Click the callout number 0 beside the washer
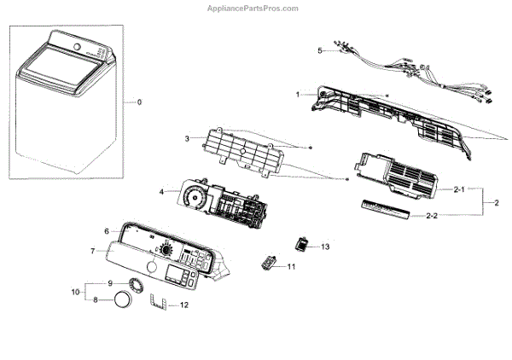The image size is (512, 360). tap(140, 102)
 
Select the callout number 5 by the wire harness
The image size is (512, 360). tap(321, 51)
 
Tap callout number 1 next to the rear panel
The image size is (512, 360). tap(298, 94)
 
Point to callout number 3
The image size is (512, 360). tap(187, 139)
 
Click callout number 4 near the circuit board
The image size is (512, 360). tap(161, 192)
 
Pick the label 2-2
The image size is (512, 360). tap(433, 217)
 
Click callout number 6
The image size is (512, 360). tap(107, 231)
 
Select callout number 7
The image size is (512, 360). tap(93, 251)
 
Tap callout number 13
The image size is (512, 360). tap(324, 247)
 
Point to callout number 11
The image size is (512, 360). tap(291, 267)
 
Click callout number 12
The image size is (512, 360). tap(184, 305)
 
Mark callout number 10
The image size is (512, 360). tap(75, 292)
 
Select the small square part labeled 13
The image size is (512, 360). tap(302, 244)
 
